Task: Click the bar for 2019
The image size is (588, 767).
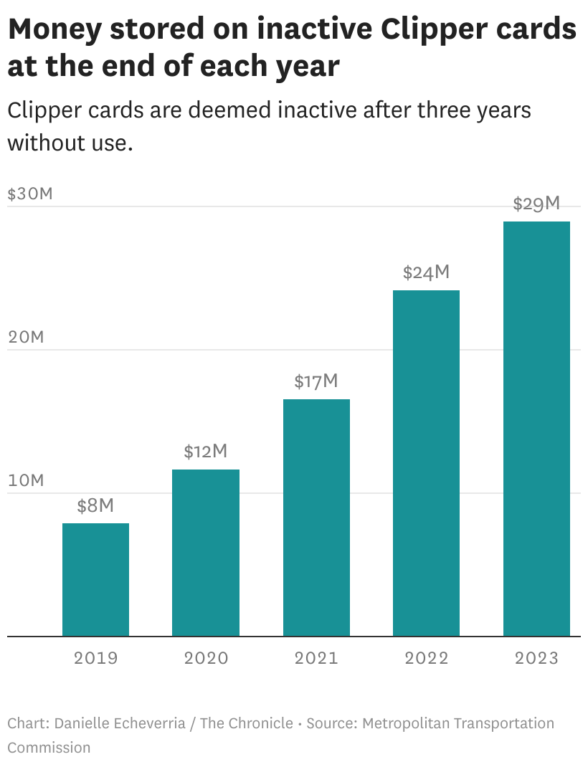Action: point(95,579)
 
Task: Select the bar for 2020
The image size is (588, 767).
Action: point(206,553)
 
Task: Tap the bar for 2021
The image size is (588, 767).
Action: point(316,518)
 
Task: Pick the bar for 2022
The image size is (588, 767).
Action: point(426,463)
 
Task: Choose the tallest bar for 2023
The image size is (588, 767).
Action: point(536,429)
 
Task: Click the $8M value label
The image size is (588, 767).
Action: point(95,506)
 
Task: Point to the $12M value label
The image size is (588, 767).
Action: point(206,452)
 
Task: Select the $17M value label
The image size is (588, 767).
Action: point(316,381)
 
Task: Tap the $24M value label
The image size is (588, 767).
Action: point(426,272)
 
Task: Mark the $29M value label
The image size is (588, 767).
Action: point(536,204)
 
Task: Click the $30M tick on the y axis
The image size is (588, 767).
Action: point(30,194)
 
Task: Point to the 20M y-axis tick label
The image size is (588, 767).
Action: point(26,337)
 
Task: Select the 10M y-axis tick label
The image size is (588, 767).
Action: point(26,480)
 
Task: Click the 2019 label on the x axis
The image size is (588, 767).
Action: point(95,658)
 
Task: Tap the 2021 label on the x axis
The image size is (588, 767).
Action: point(316,658)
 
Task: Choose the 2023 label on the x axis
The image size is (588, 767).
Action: point(536,658)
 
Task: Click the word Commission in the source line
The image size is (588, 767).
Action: point(49,748)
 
